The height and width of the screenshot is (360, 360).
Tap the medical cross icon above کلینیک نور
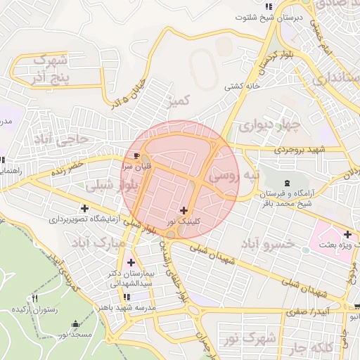pyautogui.click(x=184, y=210)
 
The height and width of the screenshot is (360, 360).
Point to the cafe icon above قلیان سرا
pyautogui.click(x=136, y=155)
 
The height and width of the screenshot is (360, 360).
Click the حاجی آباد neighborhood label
pyautogui.click(x=62, y=139)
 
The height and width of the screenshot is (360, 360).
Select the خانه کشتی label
pyautogui.click(x=237, y=87)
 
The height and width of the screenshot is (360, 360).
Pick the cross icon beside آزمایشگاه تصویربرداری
pyautogui.click(x=85, y=209)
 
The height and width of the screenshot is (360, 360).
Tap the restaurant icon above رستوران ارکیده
pyautogui.click(x=34, y=300)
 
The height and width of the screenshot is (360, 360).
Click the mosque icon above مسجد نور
pyautogui.click(x=75, y=324)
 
